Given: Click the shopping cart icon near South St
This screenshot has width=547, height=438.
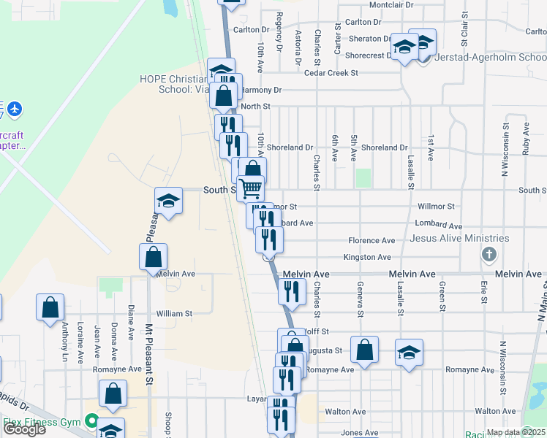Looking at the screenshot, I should coord(250,188).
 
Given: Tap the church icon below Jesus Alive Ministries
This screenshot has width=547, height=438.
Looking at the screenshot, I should coord(489,255).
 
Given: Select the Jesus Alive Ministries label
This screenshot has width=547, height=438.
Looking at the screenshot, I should coord(459,238).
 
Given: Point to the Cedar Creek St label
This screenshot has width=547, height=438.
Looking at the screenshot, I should coord(331,73).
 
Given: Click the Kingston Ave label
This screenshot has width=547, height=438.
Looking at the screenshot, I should coord(368,257).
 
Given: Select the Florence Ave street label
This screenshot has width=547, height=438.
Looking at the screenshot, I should coord(371,240).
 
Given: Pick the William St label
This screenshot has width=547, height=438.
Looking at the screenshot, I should coord(174,313).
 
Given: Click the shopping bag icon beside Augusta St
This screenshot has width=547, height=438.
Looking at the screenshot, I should coord(364,350).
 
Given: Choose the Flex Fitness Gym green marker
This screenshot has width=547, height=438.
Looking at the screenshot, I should coord(91,421).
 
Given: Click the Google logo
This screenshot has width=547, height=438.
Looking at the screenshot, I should coord(24,429).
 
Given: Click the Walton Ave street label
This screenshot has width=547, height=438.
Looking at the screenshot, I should coord(347,411).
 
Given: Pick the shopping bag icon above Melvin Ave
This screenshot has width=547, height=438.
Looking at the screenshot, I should coord(154,257).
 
